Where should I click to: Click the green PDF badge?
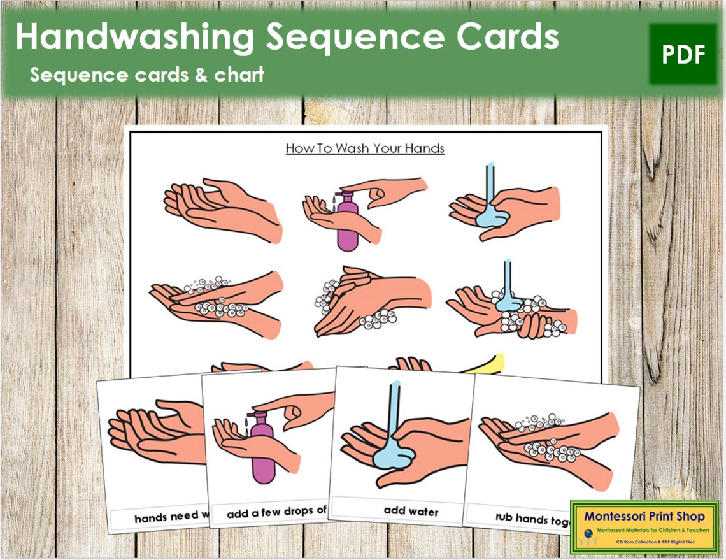click(683, 55)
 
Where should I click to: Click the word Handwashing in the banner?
click(134, 38)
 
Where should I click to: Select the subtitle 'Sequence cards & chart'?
click(147, 75)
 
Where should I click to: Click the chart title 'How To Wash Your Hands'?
click(365, 148)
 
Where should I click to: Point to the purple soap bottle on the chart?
click(347, 220)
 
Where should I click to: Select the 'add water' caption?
click(411, 510)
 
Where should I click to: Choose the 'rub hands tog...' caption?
click(532, 520)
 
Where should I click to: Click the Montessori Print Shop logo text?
click(644, 516)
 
